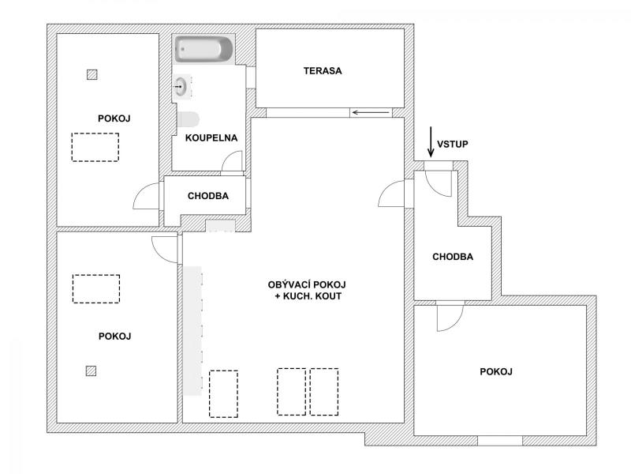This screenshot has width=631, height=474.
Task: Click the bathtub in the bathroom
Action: coord(203,50)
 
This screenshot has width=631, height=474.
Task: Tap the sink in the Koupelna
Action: coord(181,86)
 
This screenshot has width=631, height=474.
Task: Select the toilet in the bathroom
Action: coord(188,119)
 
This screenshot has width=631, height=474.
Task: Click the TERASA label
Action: coord(323,71)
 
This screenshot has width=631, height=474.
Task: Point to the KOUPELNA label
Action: coord(211,137)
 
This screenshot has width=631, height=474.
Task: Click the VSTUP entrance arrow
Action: coord(431,141)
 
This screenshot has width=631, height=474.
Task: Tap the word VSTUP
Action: coord(453,144)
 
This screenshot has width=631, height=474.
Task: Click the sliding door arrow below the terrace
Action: coord(371,112)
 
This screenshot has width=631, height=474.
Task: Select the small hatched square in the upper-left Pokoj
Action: coord(92,74)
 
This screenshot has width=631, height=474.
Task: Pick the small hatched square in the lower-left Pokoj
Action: coord(91,371)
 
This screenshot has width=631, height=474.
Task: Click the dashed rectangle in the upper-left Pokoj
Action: coord(95,148)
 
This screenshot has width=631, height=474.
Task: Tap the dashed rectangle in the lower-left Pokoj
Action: coord(96,289)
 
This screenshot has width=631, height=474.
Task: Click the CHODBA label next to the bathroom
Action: coord(208,196)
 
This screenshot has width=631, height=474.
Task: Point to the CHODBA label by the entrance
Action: coord(453,257)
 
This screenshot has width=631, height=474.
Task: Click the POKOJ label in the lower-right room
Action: coord(496,371)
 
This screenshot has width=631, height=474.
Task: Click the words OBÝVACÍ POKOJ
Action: coord(307,284)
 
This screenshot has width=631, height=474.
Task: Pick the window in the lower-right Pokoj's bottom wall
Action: coord(500,441)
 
